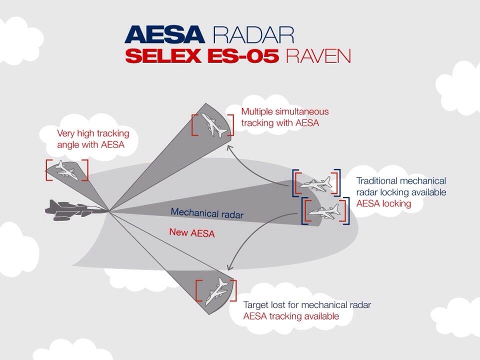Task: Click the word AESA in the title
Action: coord(164,34)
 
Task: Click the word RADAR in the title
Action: coord(253,34)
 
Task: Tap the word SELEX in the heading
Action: coord(163,56)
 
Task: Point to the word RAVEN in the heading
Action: coord(318,56)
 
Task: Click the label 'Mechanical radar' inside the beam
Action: coord(207,213)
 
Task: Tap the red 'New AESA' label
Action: coord(192,232)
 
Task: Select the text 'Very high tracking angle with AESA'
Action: coord(93,138)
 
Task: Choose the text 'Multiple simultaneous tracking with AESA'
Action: coord(285,117)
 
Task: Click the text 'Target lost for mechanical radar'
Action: coord(307,305)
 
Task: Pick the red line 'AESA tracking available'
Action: coord(291,316)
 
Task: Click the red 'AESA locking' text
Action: coord(383,203)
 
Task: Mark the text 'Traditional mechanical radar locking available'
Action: coord(401,186)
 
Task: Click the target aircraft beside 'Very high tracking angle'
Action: coord(66,169)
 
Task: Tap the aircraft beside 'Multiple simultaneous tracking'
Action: coord(213,124)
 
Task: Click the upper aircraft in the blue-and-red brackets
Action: coord(316,183)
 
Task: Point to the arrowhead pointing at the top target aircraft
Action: coord(229,148)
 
